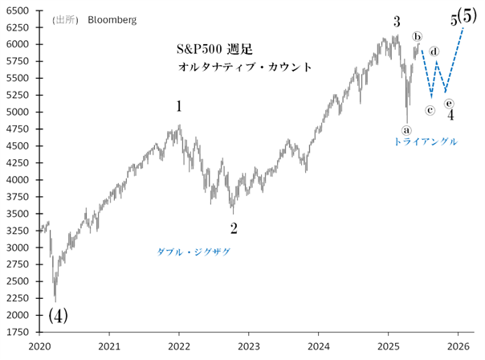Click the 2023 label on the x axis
249,346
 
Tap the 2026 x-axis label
458,346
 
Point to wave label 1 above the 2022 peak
179,106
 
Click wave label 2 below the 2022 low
234,228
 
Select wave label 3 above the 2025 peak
397,22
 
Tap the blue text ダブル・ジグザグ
194,252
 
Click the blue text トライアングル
426,141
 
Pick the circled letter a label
406,128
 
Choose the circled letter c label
430,110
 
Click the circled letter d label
434,52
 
